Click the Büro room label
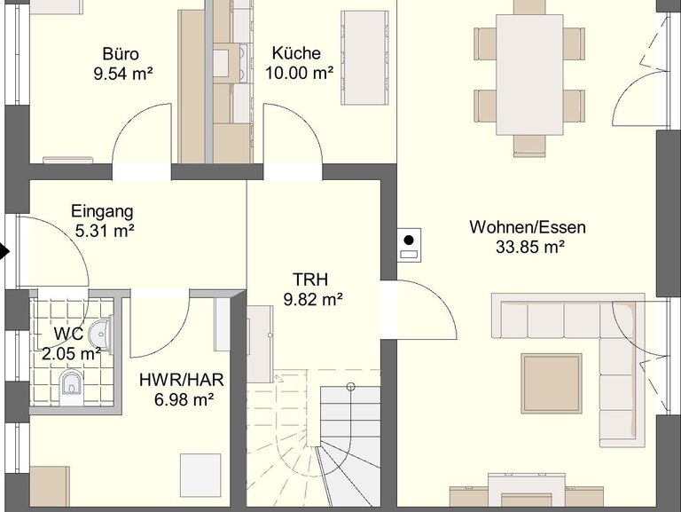click(121, 54)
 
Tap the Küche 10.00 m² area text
click(299, 73)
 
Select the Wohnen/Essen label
click(528, 227)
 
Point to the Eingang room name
click(102, 211)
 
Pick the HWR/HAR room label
click(182, 380)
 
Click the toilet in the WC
click(70, 386)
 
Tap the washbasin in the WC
click(100, 335)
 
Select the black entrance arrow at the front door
click(4, 252)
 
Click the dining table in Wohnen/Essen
click(529, 75)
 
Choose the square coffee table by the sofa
click(552, 383)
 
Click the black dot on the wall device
click(409, 240)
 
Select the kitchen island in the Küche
click(364, 58)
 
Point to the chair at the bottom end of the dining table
click(529, 146)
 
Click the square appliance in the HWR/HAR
click(200, 476)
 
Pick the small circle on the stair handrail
click(351, 387)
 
